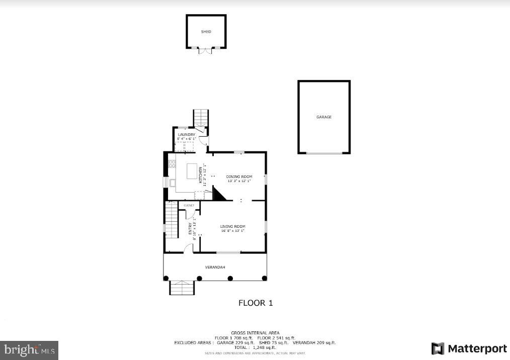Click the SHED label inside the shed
click(206, 32)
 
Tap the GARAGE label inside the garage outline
click(324, 117)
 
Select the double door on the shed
click(206, 50)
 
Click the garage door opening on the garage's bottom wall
click(324, 153)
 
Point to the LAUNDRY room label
click(186, 135)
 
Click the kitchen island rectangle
click(192, 171)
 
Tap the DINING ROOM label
click(239, 176)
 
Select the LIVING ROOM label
click(232, 227)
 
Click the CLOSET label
click(189, 206)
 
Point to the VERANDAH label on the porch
click(215, 266)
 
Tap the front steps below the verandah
click(182, 288)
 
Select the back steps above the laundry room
click(201, 118)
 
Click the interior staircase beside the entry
click(172, 220)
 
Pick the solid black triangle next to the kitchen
click(219, 194)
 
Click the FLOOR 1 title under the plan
click(255, 303)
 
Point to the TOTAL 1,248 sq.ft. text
click(255, 347)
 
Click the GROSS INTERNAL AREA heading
click(255, 333)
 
